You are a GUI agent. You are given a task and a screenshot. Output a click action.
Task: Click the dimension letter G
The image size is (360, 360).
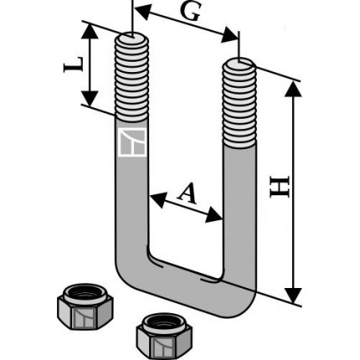tap(190, 13)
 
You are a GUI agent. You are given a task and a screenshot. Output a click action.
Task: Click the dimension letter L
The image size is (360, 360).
tap(74, 64)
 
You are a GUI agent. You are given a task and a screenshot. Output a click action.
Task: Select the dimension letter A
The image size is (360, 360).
tap(188, 193)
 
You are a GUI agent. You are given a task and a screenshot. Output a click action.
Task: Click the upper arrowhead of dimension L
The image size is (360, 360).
tap(90, 31)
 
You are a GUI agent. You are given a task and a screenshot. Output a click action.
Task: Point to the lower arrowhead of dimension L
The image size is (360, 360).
tap(90, 99)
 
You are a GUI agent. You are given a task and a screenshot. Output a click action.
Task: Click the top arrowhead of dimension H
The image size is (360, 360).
tap(293, 90)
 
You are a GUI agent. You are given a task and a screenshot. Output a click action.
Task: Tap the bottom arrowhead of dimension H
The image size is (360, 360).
tap(293, 296)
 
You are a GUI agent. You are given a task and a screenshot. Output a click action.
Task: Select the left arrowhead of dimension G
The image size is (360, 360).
tap(142, 11)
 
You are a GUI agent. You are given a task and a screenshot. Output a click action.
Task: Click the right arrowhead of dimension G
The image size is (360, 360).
tap(229, 35)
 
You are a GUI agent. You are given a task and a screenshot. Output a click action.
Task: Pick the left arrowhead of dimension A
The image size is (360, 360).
tap(157, 199)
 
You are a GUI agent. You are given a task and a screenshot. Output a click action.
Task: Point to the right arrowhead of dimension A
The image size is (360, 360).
tap(214, 215)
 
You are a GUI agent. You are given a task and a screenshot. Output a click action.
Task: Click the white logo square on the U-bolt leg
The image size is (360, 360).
tap(132, 142)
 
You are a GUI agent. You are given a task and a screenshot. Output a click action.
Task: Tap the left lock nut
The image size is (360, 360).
tap(85, 306)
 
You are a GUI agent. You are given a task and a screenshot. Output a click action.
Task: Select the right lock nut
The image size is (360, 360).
tap(164, 336)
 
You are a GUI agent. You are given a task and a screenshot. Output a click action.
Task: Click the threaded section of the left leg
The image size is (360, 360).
tap(131, 77)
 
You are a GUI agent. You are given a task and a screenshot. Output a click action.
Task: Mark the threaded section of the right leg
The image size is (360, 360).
tap(239, 103)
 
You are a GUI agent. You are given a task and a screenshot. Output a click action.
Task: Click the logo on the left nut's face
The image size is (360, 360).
tap(84, 318)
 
